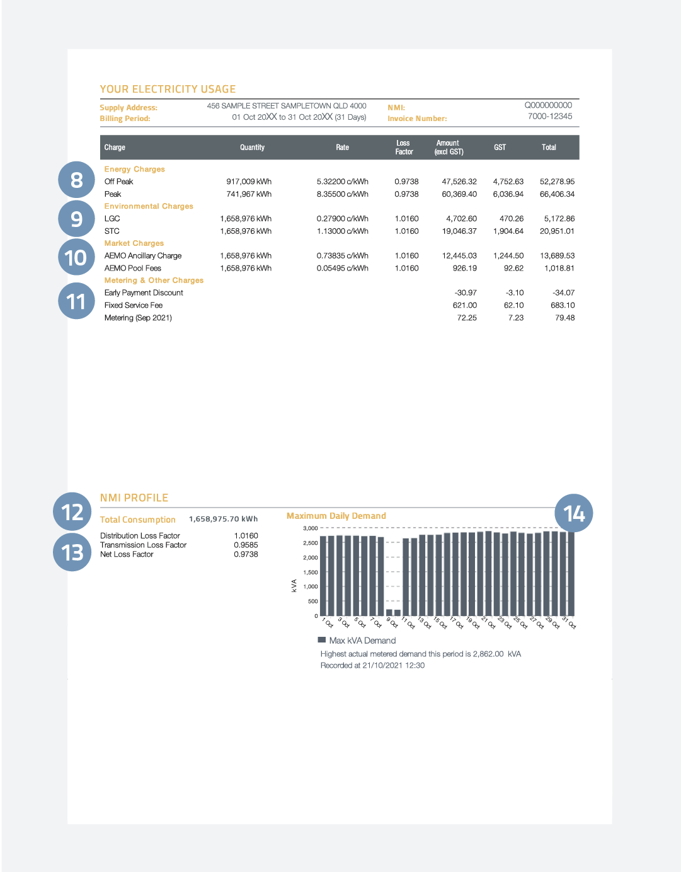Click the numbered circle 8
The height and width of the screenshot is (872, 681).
pos(76,180)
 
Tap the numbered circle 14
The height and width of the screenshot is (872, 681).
pos(574,513)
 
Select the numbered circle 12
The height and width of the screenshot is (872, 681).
pos(72,512)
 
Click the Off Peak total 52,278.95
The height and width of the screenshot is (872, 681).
pos(557,182)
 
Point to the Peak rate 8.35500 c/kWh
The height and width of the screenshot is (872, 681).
pos(342,194)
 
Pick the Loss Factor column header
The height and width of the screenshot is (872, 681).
pos(404,148)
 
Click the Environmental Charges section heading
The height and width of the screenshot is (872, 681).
pos(149,206)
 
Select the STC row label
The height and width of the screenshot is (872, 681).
pos(112,231)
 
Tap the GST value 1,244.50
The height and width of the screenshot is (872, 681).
pos(508,256)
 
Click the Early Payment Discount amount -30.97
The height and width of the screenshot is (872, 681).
pos(466,293)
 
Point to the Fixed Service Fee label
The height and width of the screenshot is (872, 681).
pos(134,305)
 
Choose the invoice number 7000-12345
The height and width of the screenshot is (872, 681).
pos(550,117)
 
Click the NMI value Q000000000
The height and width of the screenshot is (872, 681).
pos(548,105)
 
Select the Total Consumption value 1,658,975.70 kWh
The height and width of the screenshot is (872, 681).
pos(223,519)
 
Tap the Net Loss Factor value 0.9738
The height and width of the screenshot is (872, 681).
pos(246,554)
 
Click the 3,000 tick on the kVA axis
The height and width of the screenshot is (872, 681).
pos(311,528)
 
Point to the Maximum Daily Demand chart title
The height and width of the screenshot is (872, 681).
pos(336,516)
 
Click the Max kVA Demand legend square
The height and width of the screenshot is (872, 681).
pos(322,640)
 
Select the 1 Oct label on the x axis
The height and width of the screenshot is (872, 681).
pos(328,623)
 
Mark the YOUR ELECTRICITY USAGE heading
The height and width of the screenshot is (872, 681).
pos(168,90)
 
